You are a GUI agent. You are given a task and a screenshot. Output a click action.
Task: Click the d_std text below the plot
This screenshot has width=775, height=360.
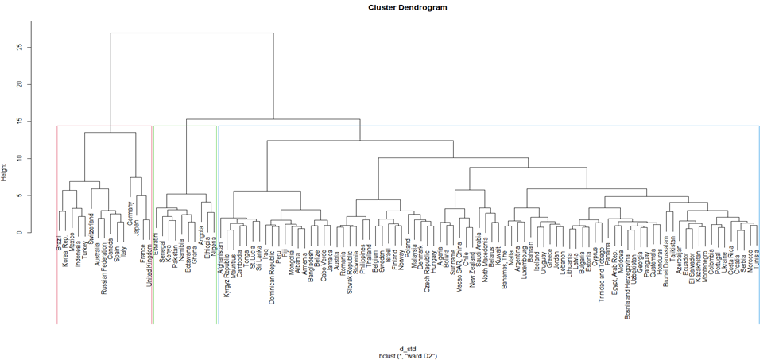(x=407, y=349)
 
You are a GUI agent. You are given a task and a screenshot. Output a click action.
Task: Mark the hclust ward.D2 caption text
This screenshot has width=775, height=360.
(x=407, y=356)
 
